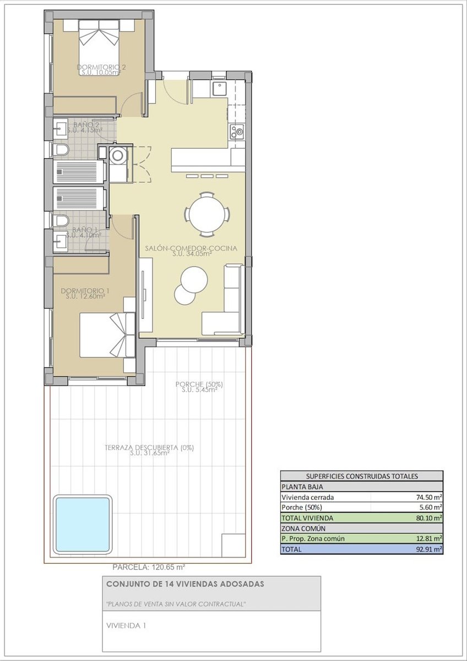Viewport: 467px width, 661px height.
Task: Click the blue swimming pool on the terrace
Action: (x=82, y=525)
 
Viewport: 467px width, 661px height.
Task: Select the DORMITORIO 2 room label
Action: (x=101, y=67)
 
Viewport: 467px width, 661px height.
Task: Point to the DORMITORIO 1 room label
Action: (x=83, y=291)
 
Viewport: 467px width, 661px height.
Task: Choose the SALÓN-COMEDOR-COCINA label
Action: (x=191, y=248)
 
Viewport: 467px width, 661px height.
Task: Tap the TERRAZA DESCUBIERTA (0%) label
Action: (x=149, y=448)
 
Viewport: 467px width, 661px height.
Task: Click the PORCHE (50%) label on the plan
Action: (x=199, y=384)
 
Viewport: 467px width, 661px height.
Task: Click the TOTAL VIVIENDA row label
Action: (x=307, y=518)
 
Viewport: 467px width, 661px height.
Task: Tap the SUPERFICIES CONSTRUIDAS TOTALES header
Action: (x=362, y=476)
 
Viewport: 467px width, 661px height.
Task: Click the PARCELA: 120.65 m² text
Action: (x=149, y=567)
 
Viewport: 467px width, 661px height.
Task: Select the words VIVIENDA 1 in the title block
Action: (x=126, y=626)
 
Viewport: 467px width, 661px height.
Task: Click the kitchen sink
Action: (x=220, y=89)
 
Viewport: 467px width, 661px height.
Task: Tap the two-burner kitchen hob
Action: (x=237, y=132)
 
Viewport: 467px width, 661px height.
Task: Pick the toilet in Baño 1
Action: (x=61, y=221)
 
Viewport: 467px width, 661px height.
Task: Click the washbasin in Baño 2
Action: (x=60, y=129)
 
